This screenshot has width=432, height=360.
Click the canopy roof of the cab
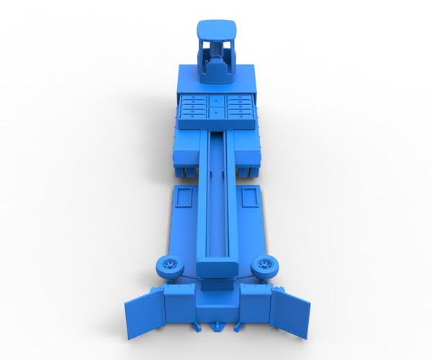pyautogui.click(x=217, y=30)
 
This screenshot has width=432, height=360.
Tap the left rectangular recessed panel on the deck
pyautogui.click(x=182, y=196)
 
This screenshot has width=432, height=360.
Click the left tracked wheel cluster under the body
pyautogui.click(x=186, y=171)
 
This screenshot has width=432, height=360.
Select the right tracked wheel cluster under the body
pyautogui.click(x=247, y=171)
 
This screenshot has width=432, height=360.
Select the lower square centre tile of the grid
pyautogui.click(x=216, y=112)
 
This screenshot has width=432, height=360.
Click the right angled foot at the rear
pyautogui.click(x=238, y=328)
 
